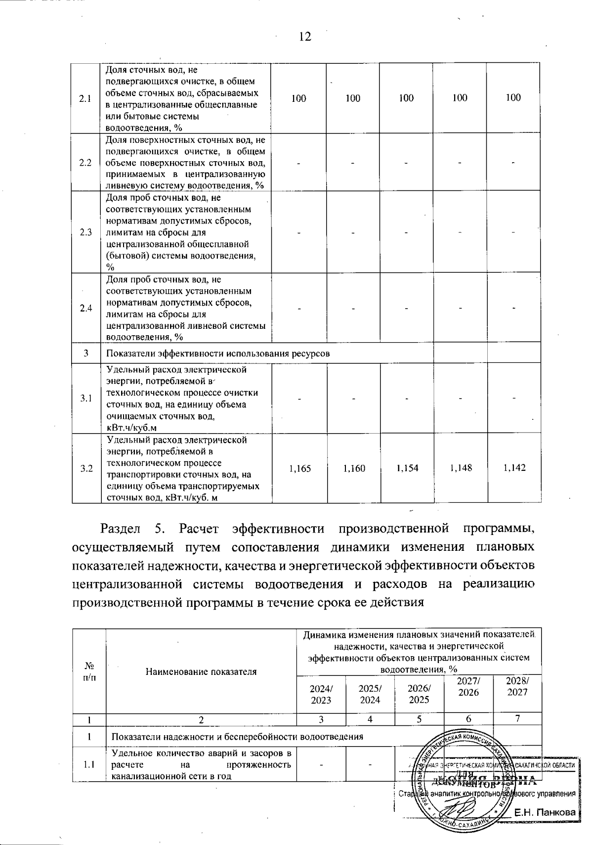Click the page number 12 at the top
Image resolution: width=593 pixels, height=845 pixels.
click(x=305, y=37)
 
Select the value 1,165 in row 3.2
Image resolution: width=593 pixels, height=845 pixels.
click(x=300, y=468)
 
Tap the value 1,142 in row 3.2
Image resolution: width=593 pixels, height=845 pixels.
click(x=514, y=468)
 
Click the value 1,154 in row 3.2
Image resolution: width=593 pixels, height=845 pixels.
click(x=407, y=468)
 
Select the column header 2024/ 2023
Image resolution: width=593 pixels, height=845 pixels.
click(x=321, y=694)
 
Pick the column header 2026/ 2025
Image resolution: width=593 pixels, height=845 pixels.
click(x=419, y=694)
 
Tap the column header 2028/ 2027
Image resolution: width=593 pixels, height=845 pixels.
click(x=517, y=686)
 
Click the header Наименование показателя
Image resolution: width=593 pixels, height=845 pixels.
click(x=201, y=671)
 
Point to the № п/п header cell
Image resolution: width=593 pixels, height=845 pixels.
click(x=89, y=671)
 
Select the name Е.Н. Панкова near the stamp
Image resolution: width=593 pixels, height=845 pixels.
click(x=545, y=812)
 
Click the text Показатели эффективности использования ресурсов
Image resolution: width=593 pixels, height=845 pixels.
click(x=218, y=354)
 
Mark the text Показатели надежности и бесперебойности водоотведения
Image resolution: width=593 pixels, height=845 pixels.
click(x=237, y=737)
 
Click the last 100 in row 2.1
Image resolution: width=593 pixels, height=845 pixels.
click(x=513, y=98)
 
